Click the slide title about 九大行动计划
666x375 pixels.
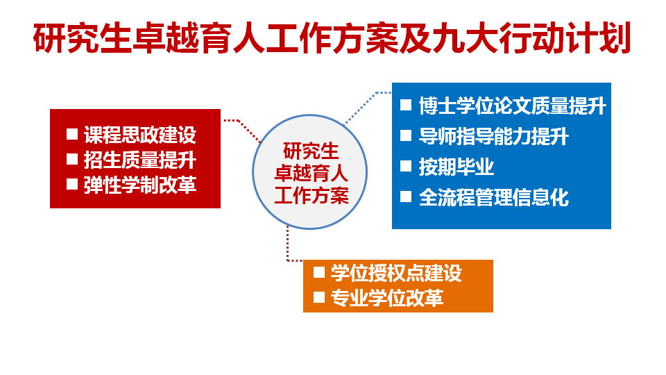(x=332, y=40)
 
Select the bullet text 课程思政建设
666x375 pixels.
(x=139, y=135)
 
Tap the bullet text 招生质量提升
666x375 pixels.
(x=139, y=160)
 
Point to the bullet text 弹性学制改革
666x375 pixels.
(x=139, y=185)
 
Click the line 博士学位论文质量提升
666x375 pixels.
(x=512, y=106)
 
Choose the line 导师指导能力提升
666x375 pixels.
(x=493, y=137)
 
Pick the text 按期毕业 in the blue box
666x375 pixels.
(x=456, y=167)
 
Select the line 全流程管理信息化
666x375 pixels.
(x=493, y=198)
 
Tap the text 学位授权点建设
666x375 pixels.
(x=395, y=273)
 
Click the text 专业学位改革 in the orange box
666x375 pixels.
(x=386, y=299)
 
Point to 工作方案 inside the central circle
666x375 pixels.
(x=311, y=195)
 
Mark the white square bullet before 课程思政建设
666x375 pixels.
(x=71, y=135)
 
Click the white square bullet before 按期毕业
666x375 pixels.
(x=406, y=167)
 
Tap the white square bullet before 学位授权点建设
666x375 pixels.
(x=319, y=272)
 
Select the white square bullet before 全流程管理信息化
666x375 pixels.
(x=406, y=197)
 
